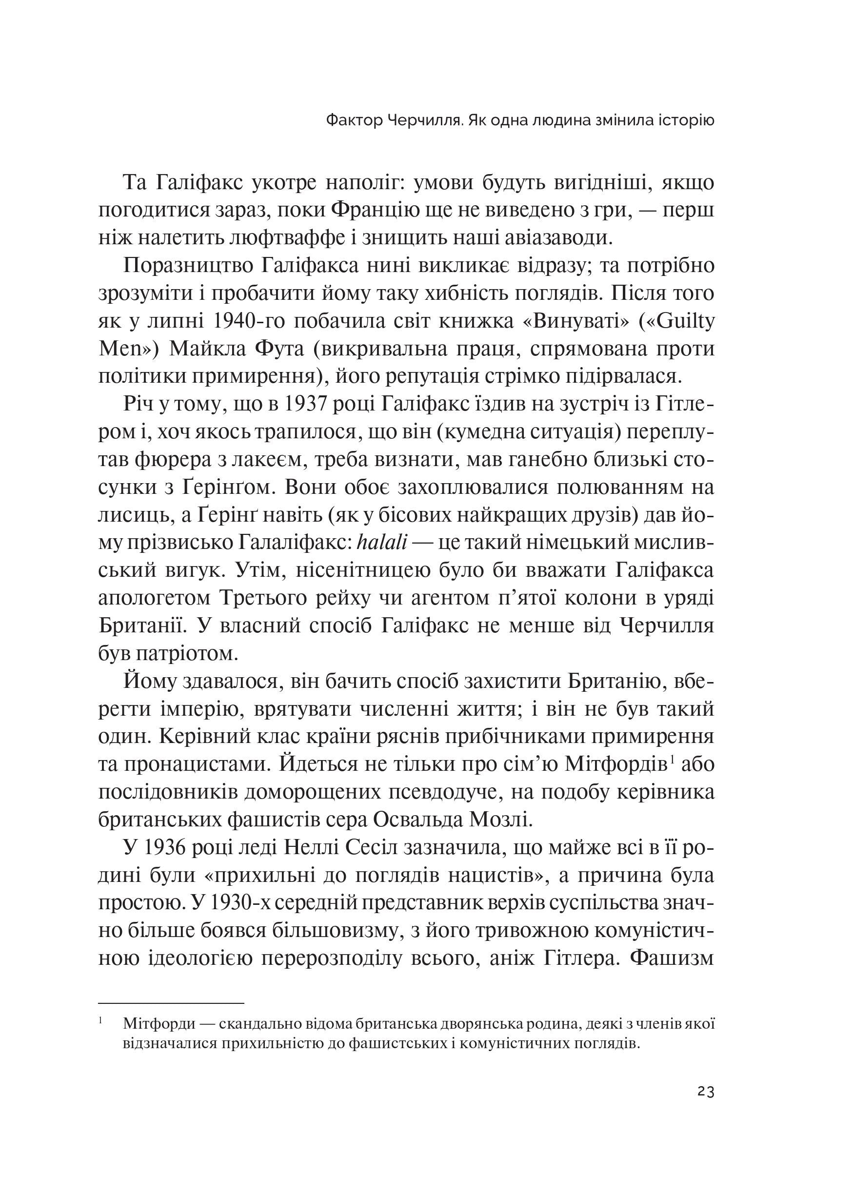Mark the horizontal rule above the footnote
click(171, 1003)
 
